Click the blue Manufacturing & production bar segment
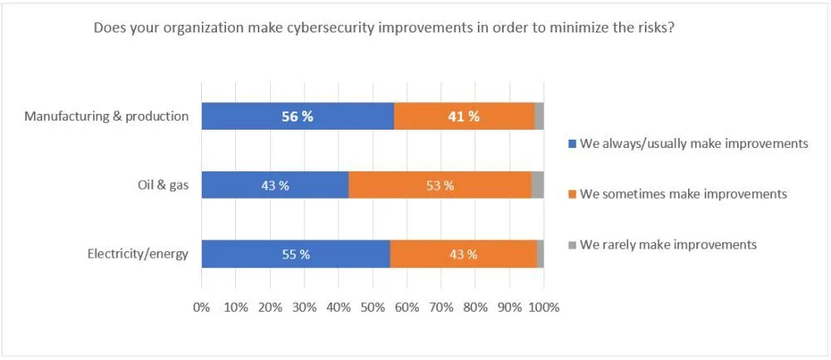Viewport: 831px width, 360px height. [249, 116]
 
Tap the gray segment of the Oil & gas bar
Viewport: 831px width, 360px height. [538, 185]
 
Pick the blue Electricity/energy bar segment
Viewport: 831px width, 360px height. [249, 254]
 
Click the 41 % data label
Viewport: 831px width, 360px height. [463, 116]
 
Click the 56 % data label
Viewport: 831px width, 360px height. [296, 116]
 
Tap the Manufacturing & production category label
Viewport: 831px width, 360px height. [106, 116]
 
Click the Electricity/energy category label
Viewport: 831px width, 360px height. [138, 254]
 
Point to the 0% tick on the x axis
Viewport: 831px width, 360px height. [201, 307]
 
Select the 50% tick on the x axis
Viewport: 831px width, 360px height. [372, 307]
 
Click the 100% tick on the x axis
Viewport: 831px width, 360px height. [543, 307]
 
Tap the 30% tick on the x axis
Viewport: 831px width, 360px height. [304, 307]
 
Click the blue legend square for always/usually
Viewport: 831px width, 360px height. [572, 144]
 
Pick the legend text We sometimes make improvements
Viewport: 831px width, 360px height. [683, 195]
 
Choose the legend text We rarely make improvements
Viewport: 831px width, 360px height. [668, 245]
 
